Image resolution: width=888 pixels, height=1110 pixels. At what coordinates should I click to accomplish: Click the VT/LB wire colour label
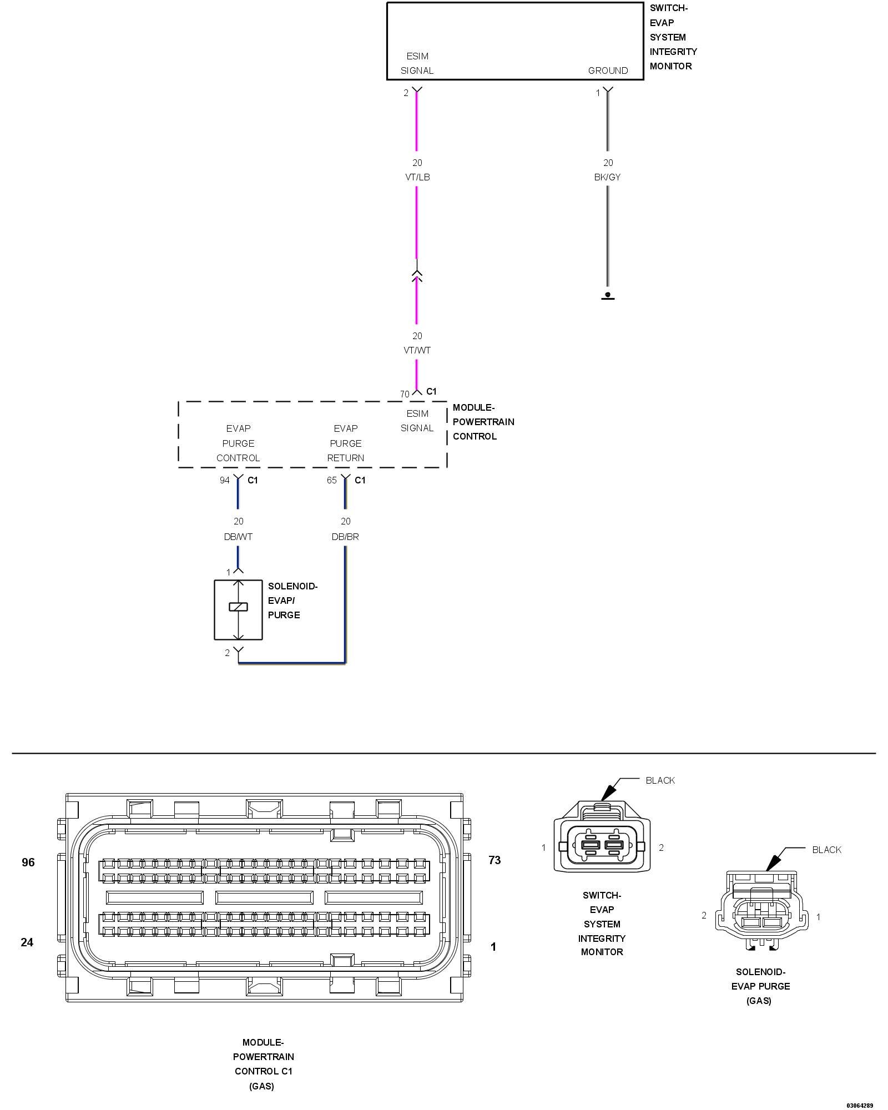(417, 177)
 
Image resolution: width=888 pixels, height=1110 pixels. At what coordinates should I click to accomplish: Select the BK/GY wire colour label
(608, 177)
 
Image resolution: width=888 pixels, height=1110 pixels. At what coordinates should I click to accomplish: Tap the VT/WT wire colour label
(417, 350)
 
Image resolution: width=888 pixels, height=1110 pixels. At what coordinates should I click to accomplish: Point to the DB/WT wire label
(238, 537)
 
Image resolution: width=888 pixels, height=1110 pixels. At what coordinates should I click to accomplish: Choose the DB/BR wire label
(345, 537)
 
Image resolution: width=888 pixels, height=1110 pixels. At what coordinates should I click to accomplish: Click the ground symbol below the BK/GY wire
(608, 296)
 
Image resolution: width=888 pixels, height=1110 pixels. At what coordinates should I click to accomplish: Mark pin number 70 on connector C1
(405, 394)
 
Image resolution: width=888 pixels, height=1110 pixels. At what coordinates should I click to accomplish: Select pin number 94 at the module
(224, 480)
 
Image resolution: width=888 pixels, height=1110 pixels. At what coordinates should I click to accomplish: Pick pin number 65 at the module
(331, 480)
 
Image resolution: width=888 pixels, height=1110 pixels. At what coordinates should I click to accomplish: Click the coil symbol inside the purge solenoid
(238, 607)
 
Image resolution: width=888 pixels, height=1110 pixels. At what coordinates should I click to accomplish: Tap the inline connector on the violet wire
(417, 275)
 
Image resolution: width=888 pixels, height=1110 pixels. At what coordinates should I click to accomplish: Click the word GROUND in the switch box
(608, 70)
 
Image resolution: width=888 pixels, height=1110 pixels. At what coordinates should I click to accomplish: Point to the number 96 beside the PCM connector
(28, 862)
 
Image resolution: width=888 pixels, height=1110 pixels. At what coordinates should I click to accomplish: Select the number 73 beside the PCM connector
(495, 860)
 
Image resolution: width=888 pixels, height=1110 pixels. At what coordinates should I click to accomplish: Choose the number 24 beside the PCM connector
(27, 942)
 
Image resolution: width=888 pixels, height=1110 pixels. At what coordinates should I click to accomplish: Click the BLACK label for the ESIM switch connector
(660, 780)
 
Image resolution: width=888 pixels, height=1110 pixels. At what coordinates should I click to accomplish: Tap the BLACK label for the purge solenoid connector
(826, 850)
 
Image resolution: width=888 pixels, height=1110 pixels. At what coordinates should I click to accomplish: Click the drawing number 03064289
(860, 1105)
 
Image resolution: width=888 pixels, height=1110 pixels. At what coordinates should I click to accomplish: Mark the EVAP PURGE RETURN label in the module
(345, 443)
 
